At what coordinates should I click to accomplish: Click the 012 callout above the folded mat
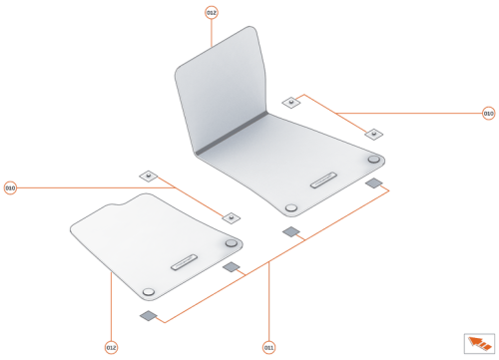[212, 12]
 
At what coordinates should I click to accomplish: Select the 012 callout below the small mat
[112, 347]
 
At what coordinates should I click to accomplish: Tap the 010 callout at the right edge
[488, 114]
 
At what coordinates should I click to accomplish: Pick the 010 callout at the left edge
[10, 187]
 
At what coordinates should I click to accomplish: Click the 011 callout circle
[268, 347]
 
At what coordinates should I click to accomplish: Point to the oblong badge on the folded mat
[326, 181]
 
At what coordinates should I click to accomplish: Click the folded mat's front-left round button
[290, 207]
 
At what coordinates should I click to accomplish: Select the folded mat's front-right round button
[373, 160]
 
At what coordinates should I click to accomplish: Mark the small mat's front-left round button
[149, 289]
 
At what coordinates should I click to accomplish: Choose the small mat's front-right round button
[232, 242]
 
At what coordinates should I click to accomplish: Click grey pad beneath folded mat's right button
[374, 183]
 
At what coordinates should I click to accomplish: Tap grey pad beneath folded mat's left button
[291, 232]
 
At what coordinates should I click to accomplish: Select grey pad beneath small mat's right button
[232, 267]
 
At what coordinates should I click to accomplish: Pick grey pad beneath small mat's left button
[149, 316]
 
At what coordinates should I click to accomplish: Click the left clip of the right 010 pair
[290, 102]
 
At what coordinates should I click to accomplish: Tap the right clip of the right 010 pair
[373, 133]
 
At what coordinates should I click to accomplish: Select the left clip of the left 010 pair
[148, 176]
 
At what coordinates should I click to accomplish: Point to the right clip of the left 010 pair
[231, 215]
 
